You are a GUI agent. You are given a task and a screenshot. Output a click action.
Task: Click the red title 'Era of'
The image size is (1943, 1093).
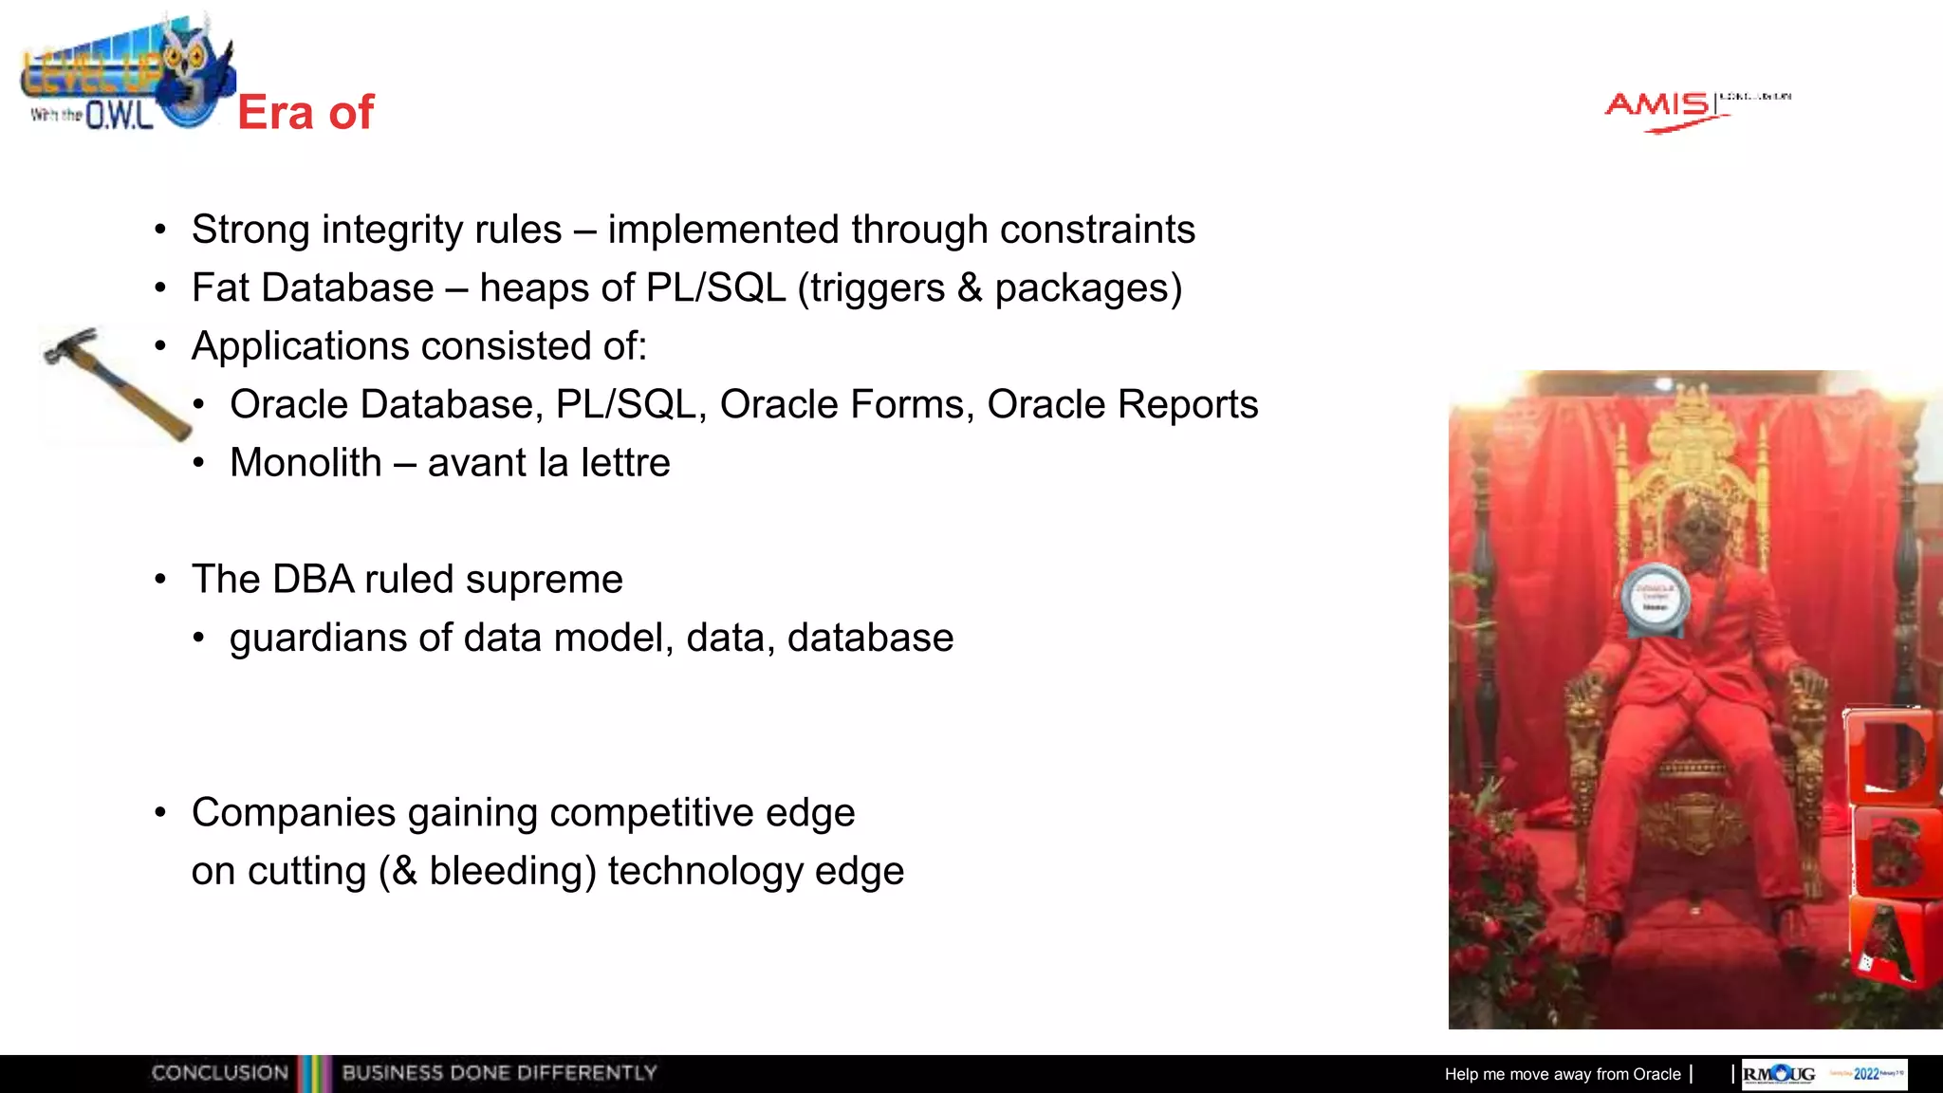(305, 113)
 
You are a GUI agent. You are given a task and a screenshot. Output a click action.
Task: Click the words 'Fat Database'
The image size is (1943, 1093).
(312, 288)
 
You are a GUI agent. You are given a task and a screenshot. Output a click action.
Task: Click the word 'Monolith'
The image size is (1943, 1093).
(305, 463)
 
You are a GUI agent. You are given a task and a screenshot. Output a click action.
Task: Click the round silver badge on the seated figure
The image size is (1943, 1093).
(1656, 599)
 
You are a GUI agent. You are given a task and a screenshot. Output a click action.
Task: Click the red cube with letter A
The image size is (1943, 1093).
(1890, 944)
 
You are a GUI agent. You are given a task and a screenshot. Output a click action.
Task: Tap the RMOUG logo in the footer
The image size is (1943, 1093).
(1779, 1074)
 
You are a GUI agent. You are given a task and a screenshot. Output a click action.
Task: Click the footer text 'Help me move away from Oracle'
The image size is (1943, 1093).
(1562, 1074)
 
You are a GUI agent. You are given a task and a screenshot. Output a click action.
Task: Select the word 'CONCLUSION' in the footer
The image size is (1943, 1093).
(219, 1073)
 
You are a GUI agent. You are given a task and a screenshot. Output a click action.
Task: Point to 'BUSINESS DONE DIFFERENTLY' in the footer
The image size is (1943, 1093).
(499, 1073)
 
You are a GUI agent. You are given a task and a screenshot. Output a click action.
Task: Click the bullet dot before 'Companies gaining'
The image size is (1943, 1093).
(161, 813)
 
